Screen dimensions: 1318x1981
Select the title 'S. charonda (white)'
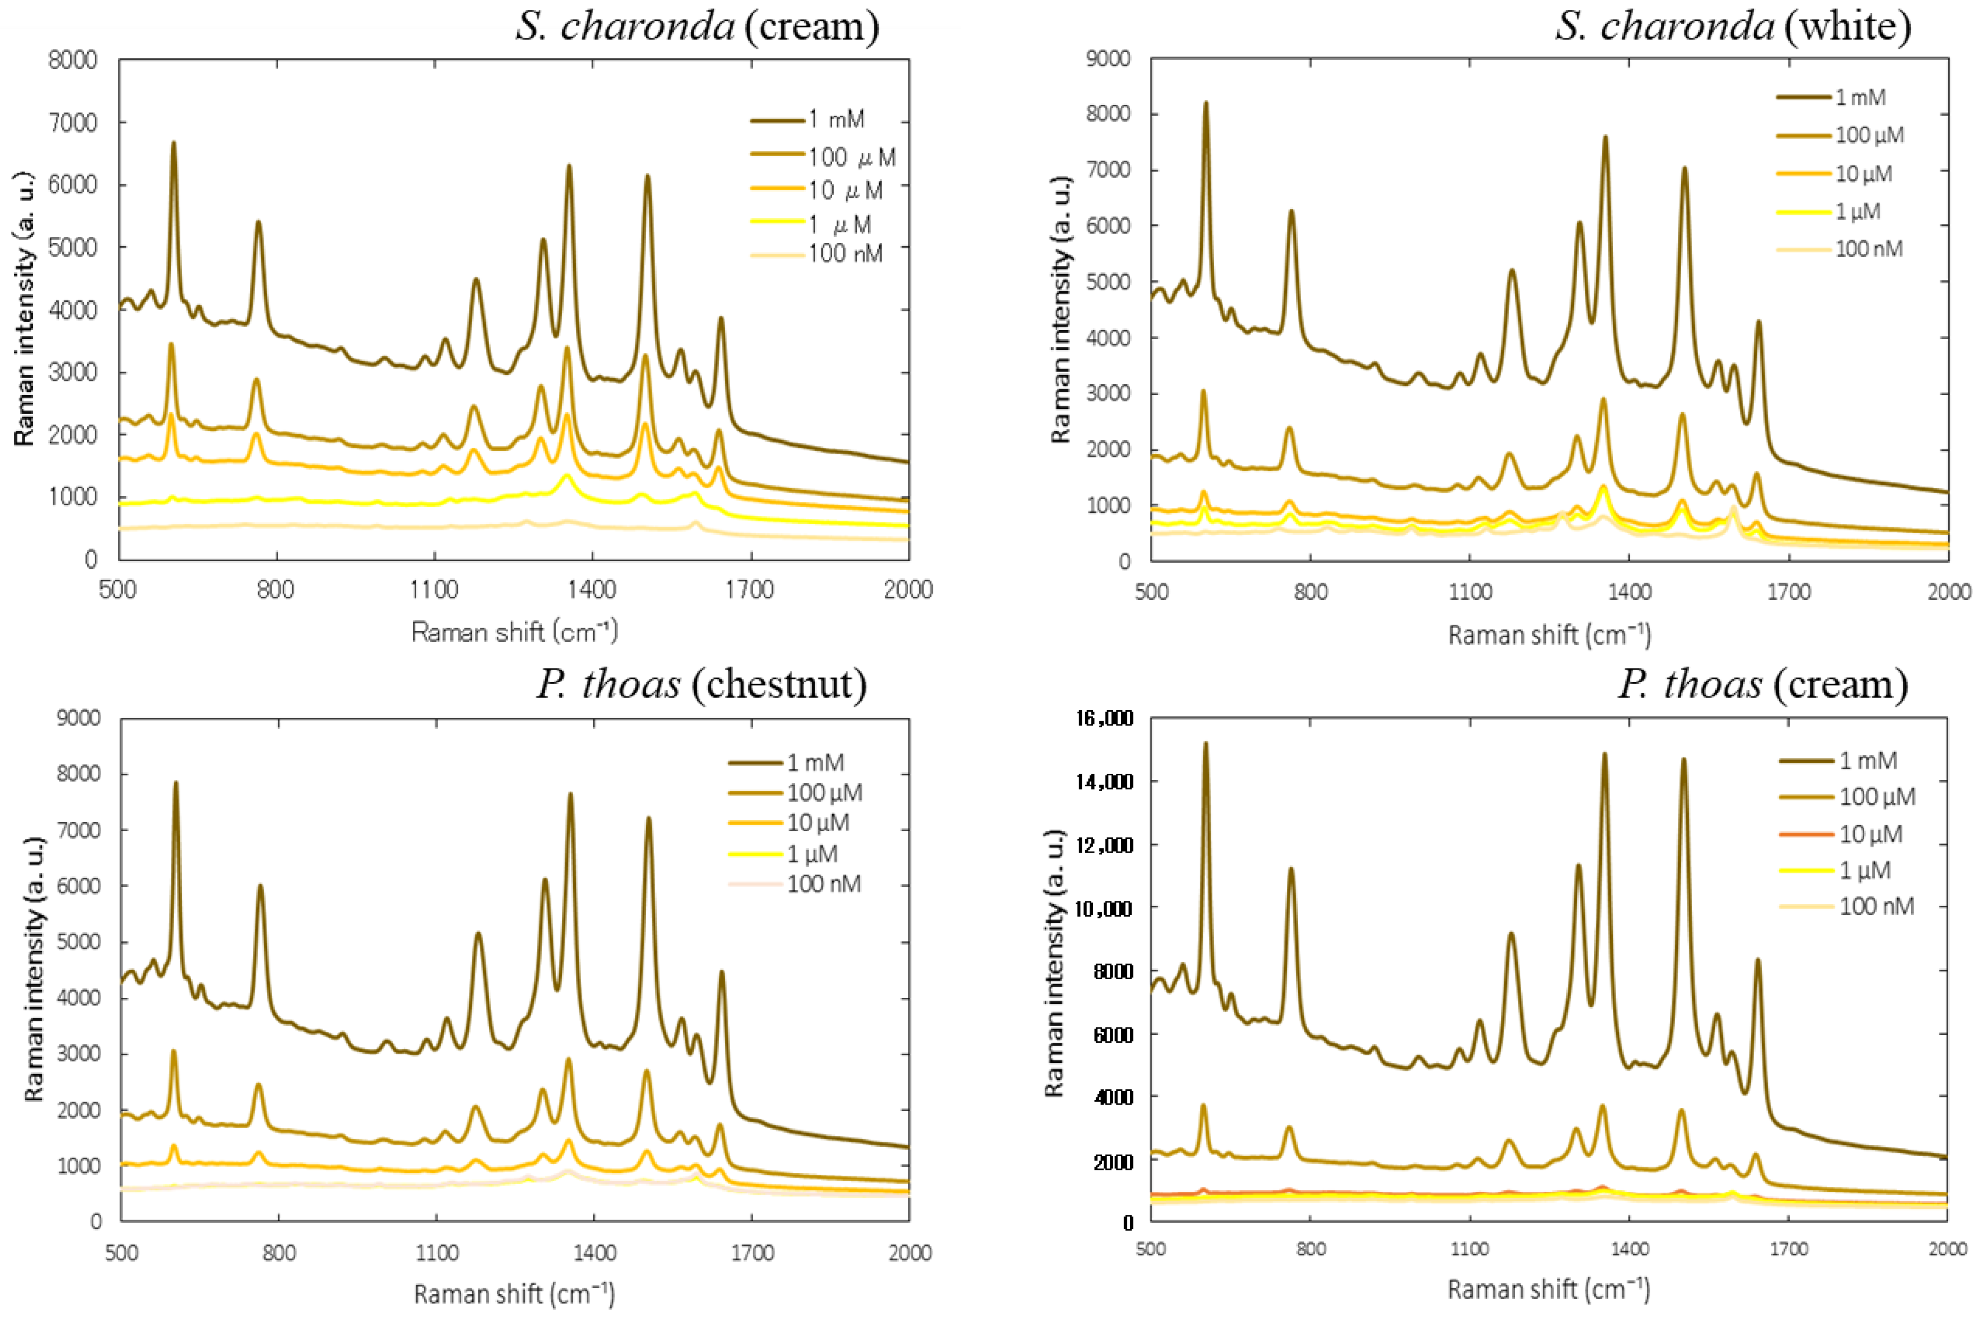coord(1732,27)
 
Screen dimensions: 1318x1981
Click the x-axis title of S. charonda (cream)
coord(514,631)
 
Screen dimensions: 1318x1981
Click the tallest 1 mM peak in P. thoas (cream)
coord(1205,744)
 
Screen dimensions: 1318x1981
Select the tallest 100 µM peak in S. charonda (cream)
coord(171,344)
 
